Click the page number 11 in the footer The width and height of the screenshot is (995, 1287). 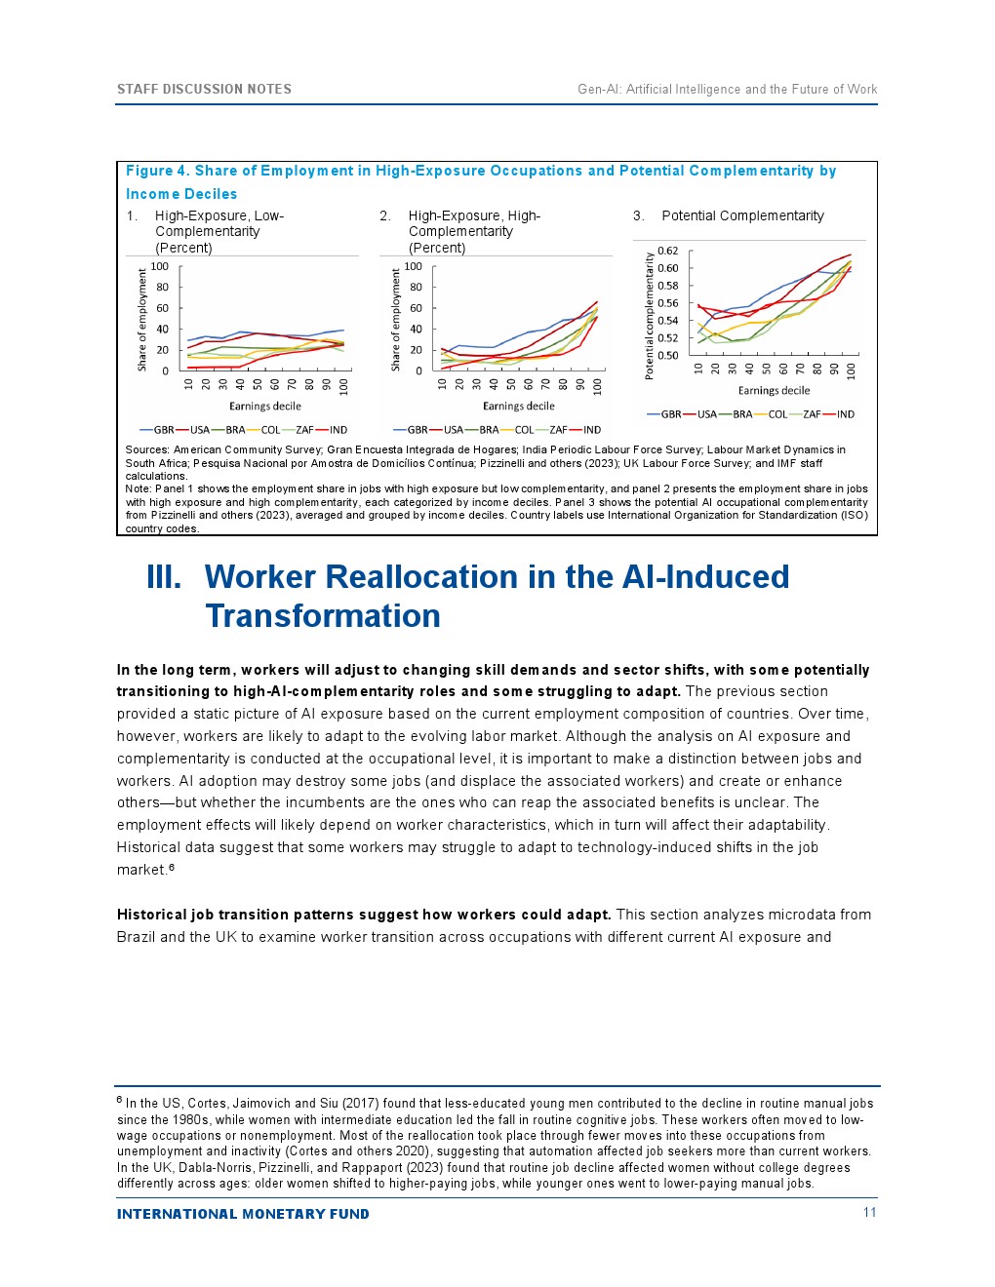(869, 1212)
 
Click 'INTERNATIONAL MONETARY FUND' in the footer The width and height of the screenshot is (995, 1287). (243, 1214)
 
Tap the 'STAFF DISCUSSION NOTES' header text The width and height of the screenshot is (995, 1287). (204, 89)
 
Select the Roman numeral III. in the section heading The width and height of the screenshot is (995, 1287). (164, 577)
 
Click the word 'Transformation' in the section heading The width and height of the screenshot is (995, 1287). (323, 616)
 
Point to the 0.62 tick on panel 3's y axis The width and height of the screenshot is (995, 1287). (667, 251)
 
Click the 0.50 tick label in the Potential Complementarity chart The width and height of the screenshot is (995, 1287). (667, 356)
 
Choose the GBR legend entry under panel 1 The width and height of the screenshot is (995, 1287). (163, 430)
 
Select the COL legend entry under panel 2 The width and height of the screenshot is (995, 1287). (524, 430)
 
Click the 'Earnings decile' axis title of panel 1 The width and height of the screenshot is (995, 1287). (265, 407)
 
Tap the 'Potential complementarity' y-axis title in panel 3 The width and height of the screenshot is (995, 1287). (649, 315)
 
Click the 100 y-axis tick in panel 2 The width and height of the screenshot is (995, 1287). (413, 266)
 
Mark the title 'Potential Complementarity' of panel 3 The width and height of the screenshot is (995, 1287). (742, 215)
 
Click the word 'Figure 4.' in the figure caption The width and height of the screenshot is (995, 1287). (157, 171)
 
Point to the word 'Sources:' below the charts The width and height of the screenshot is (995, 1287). (147, 449)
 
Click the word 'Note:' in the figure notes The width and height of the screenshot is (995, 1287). (138, 488)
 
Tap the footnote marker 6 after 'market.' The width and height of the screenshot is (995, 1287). (172, 867)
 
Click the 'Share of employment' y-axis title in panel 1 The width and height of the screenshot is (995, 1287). (142, 320)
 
